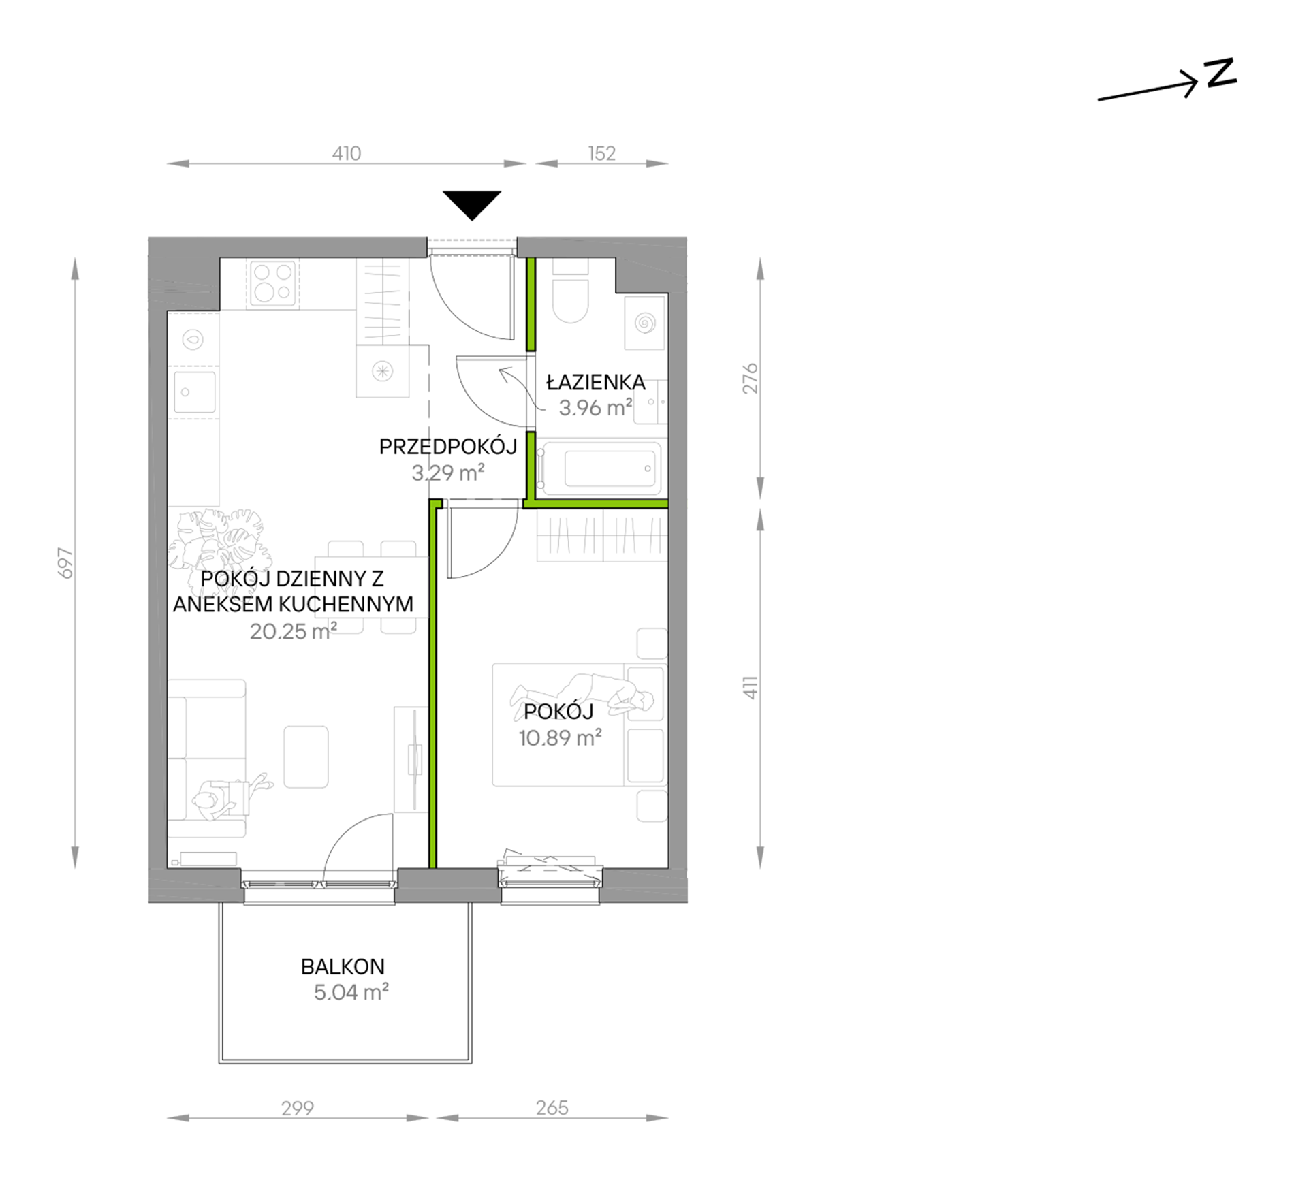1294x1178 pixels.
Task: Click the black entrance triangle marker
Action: [472, 204]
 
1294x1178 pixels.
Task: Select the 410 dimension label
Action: [346, 154]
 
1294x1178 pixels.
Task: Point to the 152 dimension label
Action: [602, 154]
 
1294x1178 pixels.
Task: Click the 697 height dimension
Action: [65, 563]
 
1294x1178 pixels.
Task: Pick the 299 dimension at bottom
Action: [298, 1109]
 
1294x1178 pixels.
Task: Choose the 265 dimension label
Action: [552, 1108]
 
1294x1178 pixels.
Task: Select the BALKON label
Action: [343, 966]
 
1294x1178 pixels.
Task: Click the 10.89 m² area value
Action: [560, 737]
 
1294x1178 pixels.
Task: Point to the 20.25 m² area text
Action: [293, 632]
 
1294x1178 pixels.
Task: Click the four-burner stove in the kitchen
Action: [273, 283]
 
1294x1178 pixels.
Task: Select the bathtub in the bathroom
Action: [599, 468]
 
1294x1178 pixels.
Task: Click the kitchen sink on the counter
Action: [194, 392]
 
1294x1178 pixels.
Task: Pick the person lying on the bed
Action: [582, 695]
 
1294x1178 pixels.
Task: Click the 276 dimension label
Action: [750, 379]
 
